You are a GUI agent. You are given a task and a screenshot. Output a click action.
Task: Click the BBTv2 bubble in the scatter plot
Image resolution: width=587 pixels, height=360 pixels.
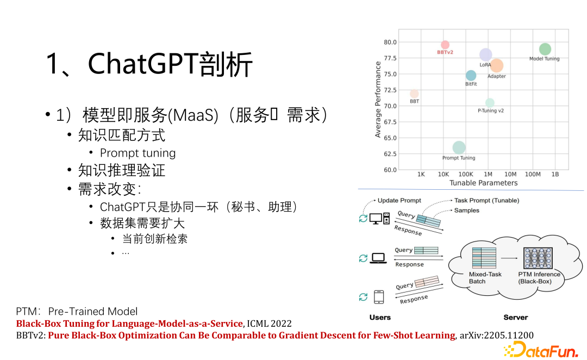[x=445, y=45]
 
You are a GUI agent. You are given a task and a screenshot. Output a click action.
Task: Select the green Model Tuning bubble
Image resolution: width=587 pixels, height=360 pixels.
[x=545, y=49]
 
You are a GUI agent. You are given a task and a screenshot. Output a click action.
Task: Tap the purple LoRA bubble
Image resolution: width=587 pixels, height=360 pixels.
[x=485, y=54]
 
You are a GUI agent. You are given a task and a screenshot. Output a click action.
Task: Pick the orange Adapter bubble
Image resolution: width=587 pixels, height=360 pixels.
[x=496, y=66]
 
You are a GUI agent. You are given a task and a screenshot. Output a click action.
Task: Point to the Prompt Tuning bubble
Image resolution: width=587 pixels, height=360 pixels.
[x=459, y=147]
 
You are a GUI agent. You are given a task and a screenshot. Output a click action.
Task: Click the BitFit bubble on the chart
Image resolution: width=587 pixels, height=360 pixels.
[x=471, y=76]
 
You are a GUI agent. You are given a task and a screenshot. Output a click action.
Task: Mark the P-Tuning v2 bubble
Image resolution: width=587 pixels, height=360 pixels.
[x=490, y=103]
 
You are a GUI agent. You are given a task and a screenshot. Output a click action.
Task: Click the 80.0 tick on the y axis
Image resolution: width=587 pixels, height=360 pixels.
[x=390, y=42]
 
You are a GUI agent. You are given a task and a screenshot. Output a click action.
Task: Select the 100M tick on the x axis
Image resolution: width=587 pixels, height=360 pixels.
[x=533, y=174]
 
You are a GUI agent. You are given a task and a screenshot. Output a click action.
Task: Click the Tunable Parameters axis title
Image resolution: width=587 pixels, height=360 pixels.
[x=483, y=183]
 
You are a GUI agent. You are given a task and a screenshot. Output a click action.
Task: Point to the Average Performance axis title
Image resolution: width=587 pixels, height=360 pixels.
[x=378, y=100]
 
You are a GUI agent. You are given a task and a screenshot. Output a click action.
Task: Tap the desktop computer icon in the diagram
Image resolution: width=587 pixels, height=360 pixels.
[x=379, y=219]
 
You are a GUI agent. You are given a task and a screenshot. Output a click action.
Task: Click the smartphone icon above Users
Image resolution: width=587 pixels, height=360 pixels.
[x=379, y=297]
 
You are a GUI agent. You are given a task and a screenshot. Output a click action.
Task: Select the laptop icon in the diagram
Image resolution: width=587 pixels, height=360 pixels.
[x=378, y=258]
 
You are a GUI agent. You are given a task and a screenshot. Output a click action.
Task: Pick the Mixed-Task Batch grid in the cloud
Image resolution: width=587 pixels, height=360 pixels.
[x=484, y=258]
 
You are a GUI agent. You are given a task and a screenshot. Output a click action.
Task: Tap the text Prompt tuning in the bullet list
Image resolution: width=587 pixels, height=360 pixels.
[x=138, y=153]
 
